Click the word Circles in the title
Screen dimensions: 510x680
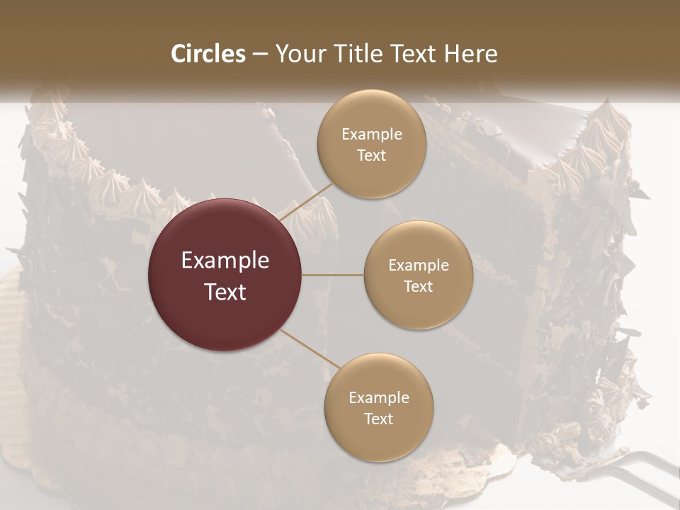[x=208, y=54]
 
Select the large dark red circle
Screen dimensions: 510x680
[x=225, y=275]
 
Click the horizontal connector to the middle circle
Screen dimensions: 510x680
[x=333, y=275]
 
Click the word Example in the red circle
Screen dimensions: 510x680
[x=225, y=261]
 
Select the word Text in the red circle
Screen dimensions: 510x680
[x=225, y=292]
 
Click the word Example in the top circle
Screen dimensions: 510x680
[x=372, y=135]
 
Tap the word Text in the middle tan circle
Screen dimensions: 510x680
[x=418, y=287]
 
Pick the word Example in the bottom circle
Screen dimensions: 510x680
[x=379, y=397]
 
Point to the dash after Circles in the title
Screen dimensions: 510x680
[x=259, y=55]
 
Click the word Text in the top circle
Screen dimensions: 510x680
[x=372, y=156]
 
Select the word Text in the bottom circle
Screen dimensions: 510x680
[x=379, y=419]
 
